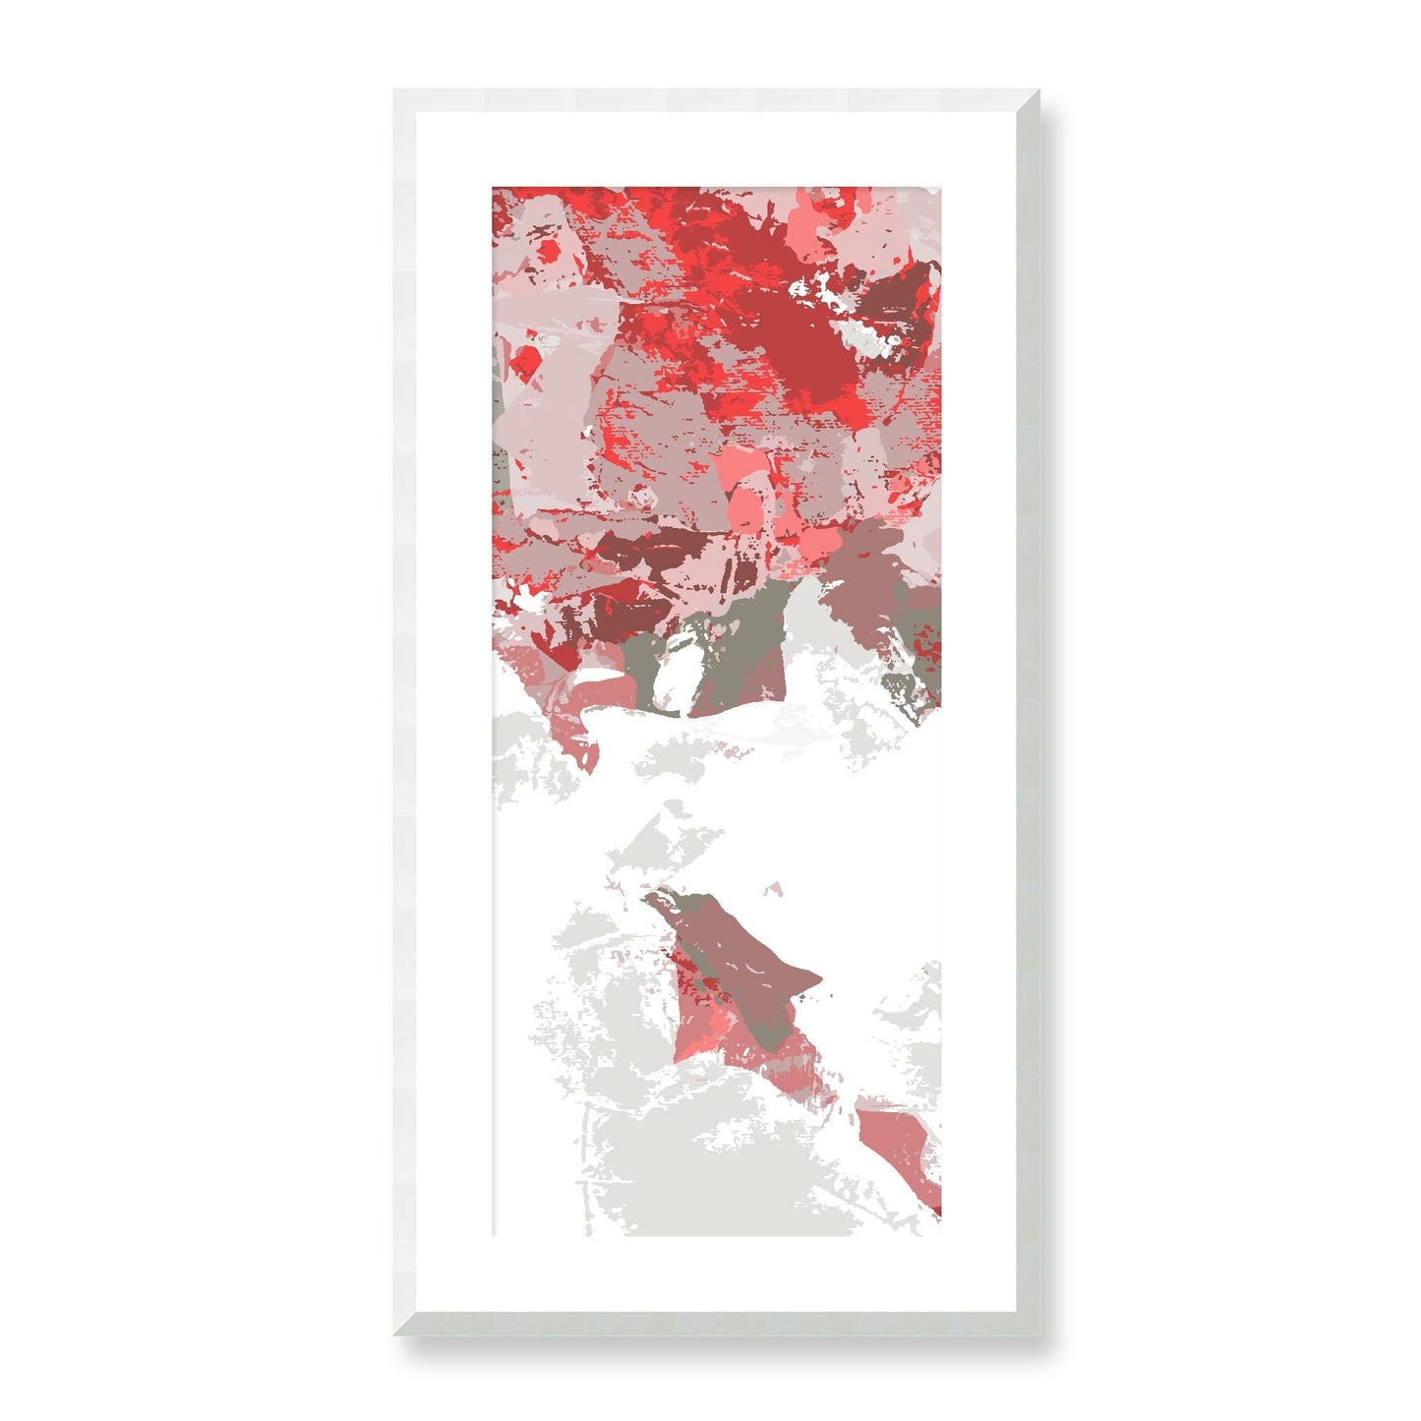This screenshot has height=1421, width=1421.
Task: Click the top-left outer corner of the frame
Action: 394,90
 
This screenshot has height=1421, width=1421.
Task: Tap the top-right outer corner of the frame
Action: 1038,90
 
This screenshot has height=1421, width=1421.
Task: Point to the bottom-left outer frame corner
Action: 394,1335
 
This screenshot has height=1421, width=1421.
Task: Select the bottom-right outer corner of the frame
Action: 1038,1335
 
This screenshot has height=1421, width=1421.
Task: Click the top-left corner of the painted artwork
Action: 493,187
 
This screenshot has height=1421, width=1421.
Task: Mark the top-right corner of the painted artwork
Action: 940,187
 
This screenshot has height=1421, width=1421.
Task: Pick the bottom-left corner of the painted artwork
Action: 493,1236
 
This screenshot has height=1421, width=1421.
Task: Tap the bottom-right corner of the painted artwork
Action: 940,1236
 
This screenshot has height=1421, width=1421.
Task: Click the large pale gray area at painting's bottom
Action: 688,1170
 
